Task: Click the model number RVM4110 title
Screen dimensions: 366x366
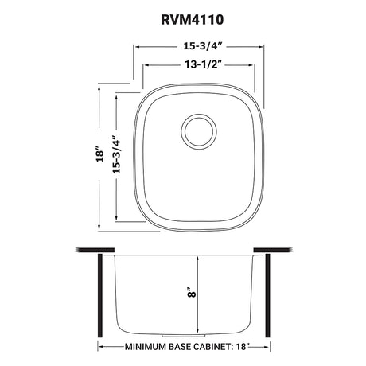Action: click(x=192, y=20)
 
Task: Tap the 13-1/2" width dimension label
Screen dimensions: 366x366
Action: click(x=204, y=64)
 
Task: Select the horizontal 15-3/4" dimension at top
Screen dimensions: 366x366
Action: click(x=203, y=46)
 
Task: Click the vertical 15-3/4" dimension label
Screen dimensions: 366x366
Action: click(x=116, y=154)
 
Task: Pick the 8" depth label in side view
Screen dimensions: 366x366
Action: click(x=193, y=292)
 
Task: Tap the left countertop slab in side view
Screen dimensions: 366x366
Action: click(x=95, y=250)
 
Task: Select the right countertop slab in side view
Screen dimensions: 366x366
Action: click(x=273, y=250)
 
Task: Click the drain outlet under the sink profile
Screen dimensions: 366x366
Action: click(x=184, y=336)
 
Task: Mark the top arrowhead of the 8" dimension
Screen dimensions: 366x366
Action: click(x=197, y=260)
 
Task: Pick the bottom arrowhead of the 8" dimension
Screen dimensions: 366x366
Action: click(x=197, y=330)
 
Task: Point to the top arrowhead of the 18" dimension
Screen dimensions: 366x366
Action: click(x=99, y=88)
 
